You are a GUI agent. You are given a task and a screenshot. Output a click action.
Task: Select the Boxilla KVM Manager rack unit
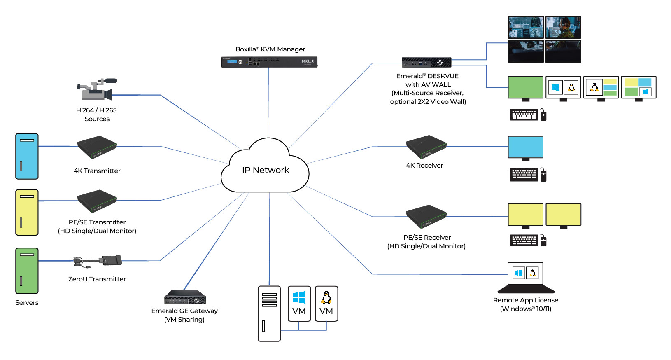pos(269,62)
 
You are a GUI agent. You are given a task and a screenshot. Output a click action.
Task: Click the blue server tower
pos(27,156)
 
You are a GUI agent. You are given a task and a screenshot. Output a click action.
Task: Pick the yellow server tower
pos(27,212)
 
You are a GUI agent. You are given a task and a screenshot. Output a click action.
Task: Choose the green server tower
pos(27,271)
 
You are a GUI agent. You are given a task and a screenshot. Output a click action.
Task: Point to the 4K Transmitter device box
pos(97,147)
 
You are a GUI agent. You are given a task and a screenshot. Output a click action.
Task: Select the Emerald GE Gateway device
pos(185,297)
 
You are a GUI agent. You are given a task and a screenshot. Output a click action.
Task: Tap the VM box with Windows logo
pos(299,304)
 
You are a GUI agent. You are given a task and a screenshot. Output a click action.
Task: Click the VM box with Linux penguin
pos(326,304)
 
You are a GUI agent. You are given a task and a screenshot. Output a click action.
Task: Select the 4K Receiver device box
pos(426,147)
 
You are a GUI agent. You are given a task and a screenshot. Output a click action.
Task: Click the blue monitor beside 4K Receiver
pos(525,147)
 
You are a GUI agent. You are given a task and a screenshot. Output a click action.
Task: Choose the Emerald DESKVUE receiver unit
pos(426,63)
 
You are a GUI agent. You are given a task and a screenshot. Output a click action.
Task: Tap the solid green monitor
pos(525,87)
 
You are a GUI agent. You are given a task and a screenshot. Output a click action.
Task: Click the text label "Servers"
pos(27,303)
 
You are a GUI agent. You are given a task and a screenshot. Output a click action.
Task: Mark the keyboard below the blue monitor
pos(524,175)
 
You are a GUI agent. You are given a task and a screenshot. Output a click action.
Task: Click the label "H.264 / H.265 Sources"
pos(97,115)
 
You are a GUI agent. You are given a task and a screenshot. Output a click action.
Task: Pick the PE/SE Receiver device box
pos(426,216)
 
